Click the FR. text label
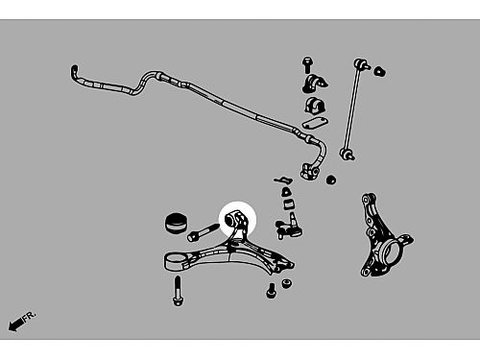(30, 315)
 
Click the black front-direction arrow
(15, 324)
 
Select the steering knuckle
(385, 236)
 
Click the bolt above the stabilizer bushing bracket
(307, 65)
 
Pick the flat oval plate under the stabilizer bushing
(315, 123)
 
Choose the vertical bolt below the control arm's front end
(178, 291)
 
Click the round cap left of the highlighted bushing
(177, 223)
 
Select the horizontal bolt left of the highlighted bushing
(203, 232)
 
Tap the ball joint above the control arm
(290, 228)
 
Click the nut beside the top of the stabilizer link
(380, 71)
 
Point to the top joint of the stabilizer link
(361, 63)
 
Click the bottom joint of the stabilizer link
(347, 155)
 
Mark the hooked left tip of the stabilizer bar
(74, 71)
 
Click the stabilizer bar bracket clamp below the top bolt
(315, 84)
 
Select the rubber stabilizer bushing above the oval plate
(314, 106)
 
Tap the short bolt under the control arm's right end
(271, 291)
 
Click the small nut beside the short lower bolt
(286, 283)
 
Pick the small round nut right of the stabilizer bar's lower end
(331, 180)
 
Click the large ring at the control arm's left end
(176, 261)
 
